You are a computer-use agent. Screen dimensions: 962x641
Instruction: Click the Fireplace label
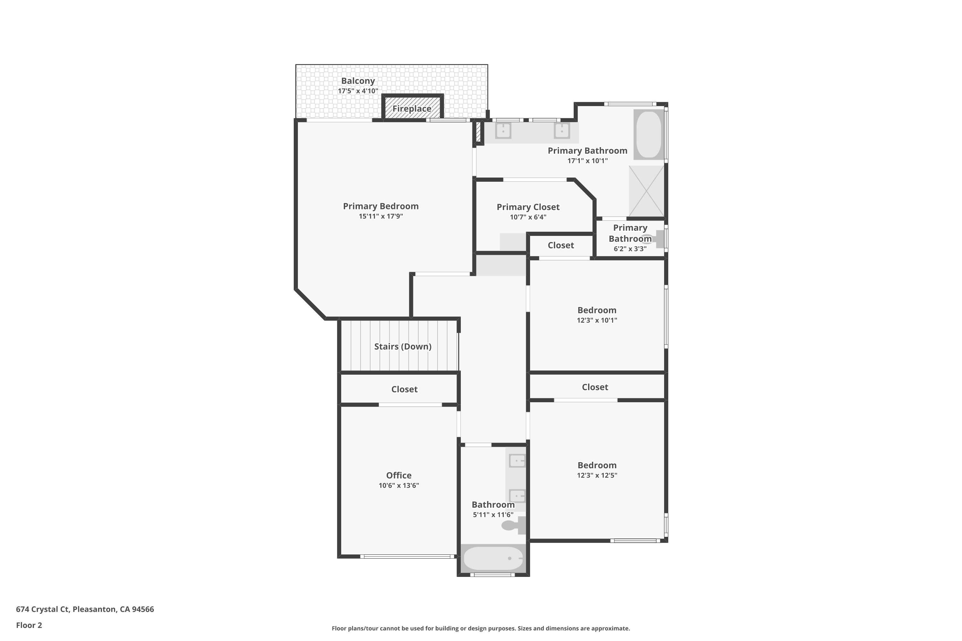tap(411, 109)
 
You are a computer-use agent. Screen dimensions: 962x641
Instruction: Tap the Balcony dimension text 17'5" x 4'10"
tap(358, 91)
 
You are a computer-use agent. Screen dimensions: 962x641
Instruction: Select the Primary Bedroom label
tap(381, 206)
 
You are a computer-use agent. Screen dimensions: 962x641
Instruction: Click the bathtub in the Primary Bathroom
tap(649, 135)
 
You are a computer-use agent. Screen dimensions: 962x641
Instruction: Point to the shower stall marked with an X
tap(646, 191)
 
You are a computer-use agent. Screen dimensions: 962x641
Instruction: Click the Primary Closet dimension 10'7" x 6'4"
tap(528, 217)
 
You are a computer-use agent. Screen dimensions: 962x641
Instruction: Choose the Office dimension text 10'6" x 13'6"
tap(399, 485)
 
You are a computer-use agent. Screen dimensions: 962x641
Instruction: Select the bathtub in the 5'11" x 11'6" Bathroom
tap(493, 558)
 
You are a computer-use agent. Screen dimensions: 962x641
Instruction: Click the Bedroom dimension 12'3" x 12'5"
tap(597, 475)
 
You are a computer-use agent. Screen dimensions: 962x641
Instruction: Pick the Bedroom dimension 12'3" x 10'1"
tap(597, 320)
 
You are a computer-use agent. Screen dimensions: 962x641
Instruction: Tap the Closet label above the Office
tap(404, 389)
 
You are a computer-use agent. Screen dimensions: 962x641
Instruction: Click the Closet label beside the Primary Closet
tap(561, 245)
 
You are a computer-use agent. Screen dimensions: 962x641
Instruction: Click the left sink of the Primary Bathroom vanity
tap(503, 131)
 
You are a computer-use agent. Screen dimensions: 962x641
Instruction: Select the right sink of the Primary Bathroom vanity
tap(562, 131)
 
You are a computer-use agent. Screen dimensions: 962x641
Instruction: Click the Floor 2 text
tap(29, 625)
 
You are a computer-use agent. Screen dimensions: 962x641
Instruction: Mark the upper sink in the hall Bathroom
tap(517, 461)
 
